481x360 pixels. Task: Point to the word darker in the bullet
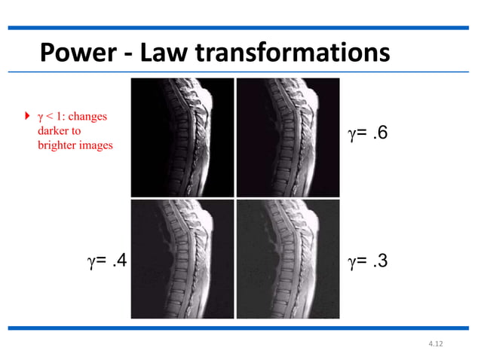click(53, 131)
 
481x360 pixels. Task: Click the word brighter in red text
click(58, 145)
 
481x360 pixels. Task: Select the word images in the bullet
click(97, 145)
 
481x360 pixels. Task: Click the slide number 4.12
click(435, 344)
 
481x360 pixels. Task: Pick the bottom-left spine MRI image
click(182, 258)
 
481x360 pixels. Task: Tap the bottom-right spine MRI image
click(287, 258)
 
